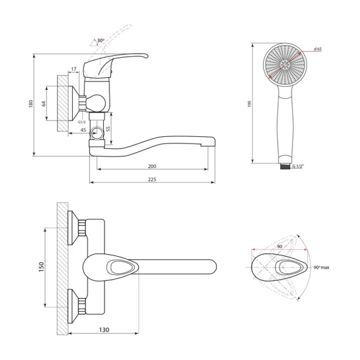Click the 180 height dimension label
[x=31, y=104]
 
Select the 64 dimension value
[x=44, y=103]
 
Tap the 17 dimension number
[x=74, y=69]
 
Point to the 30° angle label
[x=101, y=41]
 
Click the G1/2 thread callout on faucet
[x=82, y=122]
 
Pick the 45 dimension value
[x=83, y=130]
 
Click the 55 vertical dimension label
[x=108, y=129]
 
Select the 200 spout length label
[x=152, y=166]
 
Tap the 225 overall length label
[x=152, y=179]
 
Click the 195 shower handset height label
[x=250, y=104]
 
